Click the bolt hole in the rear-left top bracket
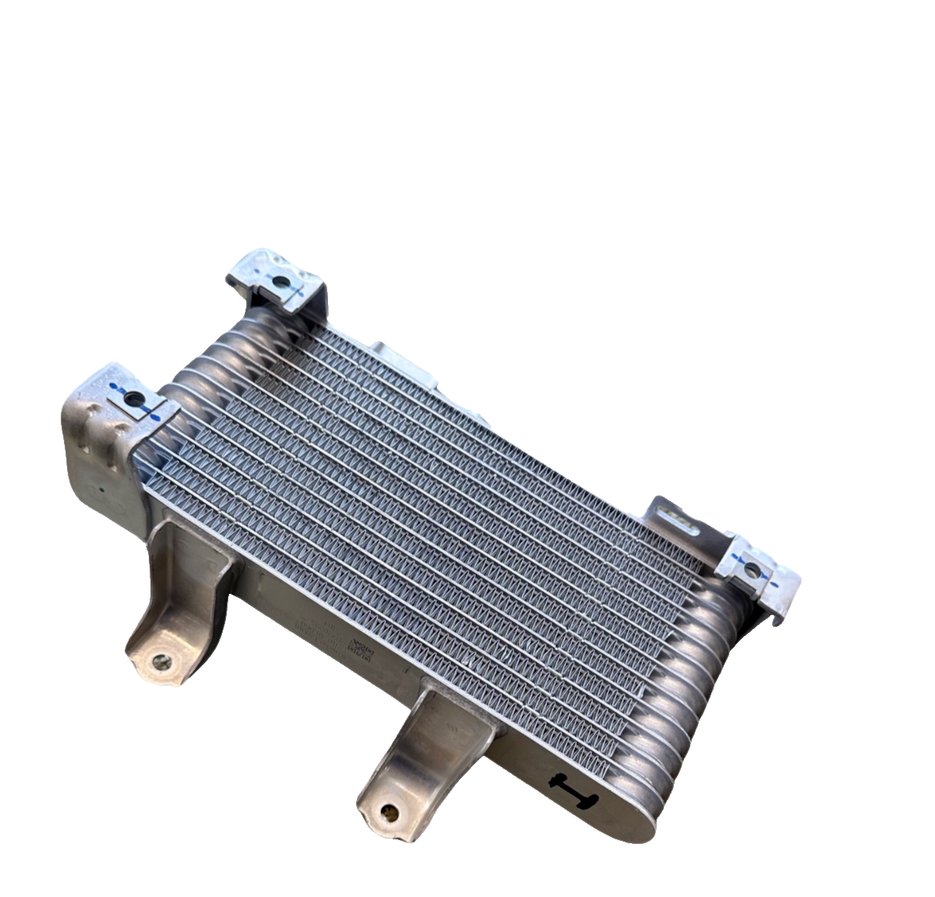(x=279, y=281)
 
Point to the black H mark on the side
(x=571, y=789)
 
